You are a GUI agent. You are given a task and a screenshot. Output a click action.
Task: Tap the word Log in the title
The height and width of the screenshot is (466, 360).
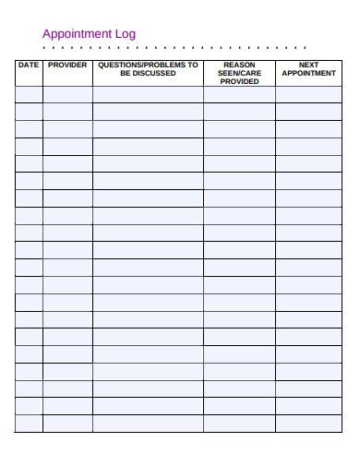coord(126,34)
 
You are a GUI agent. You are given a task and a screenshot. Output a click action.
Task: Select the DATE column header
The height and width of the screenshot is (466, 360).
coord(29,66)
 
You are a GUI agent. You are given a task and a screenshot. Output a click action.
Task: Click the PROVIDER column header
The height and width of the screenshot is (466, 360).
coord(67,66)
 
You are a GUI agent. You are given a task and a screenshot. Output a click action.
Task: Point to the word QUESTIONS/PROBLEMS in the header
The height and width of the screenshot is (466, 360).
coord(139,66)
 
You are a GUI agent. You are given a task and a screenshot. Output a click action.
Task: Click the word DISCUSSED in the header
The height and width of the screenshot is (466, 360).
coord(153,74)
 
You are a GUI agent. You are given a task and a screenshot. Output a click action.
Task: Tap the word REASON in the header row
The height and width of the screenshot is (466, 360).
coord(239,66)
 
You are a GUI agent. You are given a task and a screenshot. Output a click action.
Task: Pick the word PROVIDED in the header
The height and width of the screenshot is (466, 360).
coord(239,81)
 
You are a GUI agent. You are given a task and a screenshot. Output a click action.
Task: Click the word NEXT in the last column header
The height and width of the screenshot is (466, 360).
coord(309,66)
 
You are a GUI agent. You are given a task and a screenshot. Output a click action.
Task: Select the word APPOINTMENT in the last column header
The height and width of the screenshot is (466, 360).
coord(309,74)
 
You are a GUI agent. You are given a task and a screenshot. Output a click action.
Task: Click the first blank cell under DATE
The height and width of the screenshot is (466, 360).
coord(29,95)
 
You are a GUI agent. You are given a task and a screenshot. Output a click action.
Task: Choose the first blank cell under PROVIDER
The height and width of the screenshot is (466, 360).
coord(67,95)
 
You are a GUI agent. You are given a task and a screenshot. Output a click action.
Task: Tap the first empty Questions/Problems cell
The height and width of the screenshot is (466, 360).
coord(148,95)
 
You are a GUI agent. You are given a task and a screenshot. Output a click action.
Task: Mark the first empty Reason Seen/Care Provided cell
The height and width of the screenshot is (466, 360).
coord(239,95)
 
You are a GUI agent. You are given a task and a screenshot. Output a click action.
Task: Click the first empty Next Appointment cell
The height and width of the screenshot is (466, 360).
coord(309,95)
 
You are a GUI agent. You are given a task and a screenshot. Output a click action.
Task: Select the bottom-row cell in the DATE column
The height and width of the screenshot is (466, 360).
coord(29,424)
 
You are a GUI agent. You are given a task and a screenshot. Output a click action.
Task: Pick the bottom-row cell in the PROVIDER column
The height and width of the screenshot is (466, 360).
coord(67,424)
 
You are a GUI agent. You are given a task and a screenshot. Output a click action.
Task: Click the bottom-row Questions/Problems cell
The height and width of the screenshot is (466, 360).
coord(148,424)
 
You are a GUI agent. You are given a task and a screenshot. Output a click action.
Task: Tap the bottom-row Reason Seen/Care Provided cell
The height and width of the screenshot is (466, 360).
coord(239,424)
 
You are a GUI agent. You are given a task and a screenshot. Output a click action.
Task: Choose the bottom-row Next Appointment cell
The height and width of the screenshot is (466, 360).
coord(309,424)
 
